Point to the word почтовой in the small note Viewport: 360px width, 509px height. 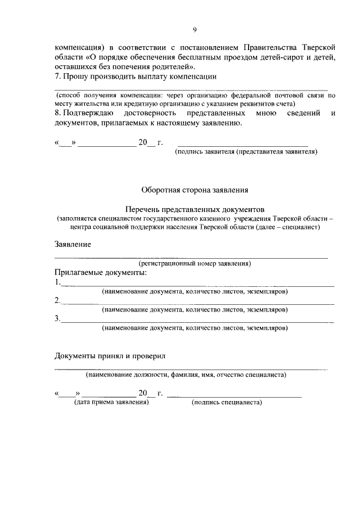coord(288,96)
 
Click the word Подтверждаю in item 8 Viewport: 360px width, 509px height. coord(85,114)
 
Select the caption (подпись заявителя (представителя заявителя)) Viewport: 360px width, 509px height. coord(246,152)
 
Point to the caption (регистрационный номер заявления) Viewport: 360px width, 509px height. coord(195,263)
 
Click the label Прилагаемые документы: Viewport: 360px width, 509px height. coord(100,273)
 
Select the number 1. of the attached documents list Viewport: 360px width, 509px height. coord(57,282)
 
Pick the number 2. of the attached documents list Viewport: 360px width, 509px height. coord(57,300)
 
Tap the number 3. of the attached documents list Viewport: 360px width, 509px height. coord(57,318)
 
